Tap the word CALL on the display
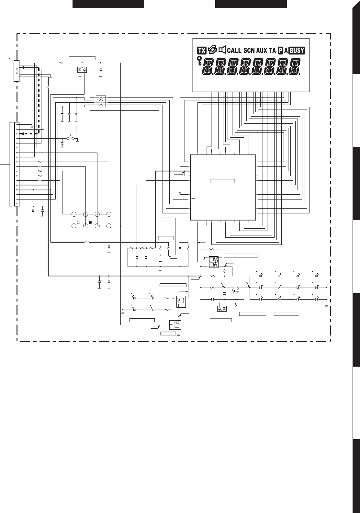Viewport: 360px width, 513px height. [x=234, y=50]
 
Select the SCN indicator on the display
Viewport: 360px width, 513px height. [x=249, y=50]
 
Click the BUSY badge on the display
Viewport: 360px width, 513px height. [x=297, y=51]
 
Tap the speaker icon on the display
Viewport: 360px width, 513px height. [x=222, y=50]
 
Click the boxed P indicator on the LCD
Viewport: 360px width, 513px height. [x=281, y=51]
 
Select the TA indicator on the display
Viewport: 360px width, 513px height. [x=272, y=50]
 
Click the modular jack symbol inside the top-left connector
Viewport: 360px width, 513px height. [x=16, y=71]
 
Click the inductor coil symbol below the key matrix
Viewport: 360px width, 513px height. [x=87, y=242]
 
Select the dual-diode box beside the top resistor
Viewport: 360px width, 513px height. [x=82, y=70]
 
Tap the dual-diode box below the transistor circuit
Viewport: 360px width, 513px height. [x=222, y=308]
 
